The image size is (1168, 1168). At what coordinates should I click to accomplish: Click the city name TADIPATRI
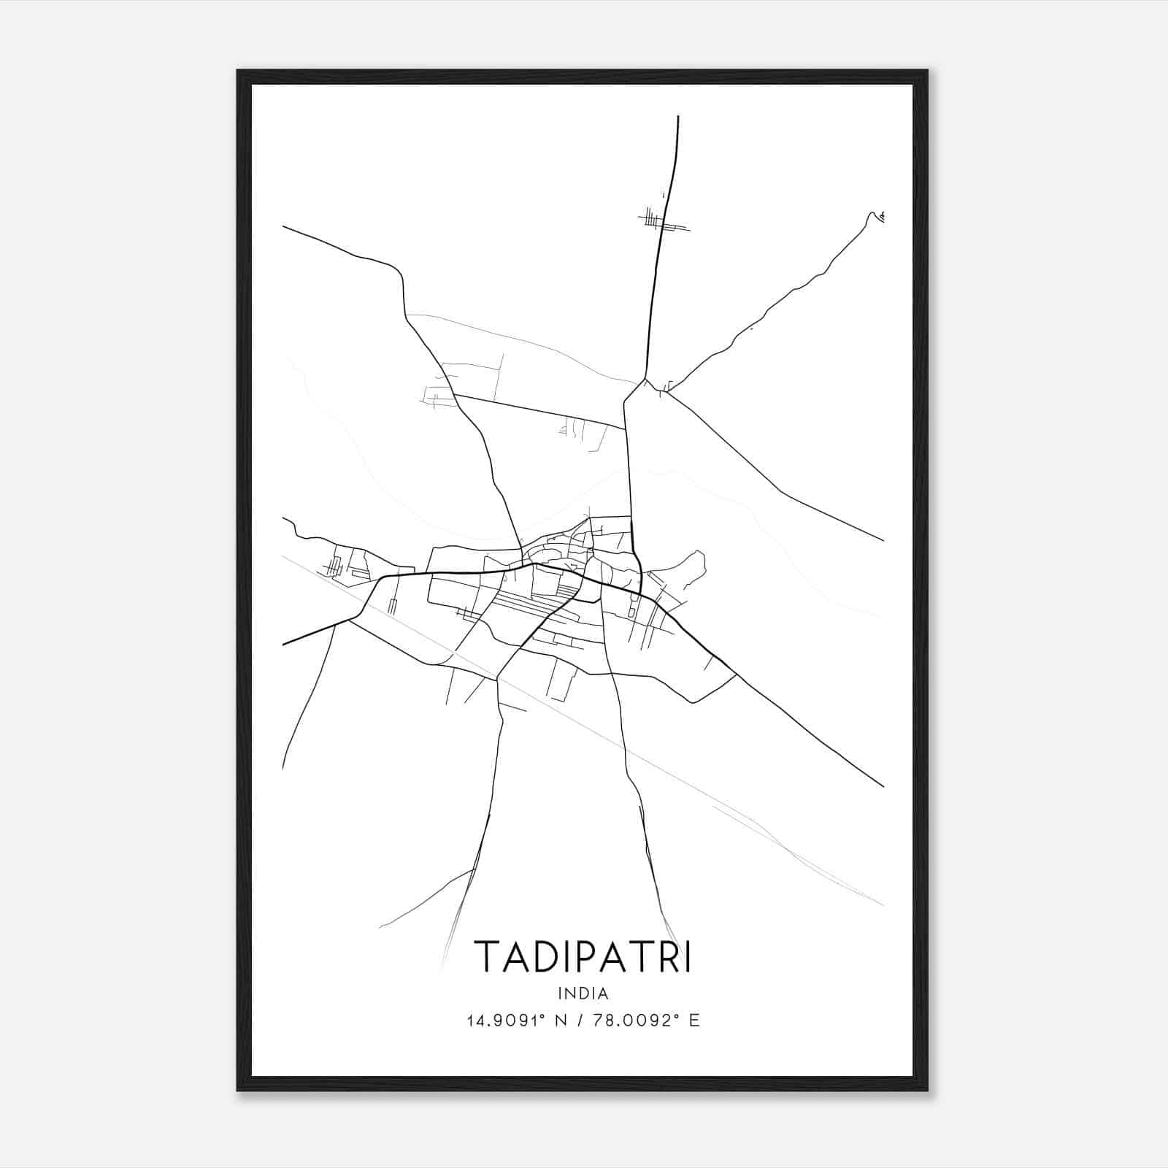(583, 956)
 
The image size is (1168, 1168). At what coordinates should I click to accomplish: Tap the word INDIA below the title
(583, 993)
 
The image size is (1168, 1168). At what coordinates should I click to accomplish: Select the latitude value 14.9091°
(504, 1021)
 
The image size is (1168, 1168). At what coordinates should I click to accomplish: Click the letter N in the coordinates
(561, 1021)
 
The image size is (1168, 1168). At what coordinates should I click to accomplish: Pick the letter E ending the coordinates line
(694, 1021)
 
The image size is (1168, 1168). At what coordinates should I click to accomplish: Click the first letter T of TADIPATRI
(485, 956)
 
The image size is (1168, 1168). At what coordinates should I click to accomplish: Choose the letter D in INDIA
(583, 993)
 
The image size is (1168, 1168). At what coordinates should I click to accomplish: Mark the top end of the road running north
(678, 117)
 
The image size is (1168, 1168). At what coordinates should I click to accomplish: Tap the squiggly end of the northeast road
(876, 215)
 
